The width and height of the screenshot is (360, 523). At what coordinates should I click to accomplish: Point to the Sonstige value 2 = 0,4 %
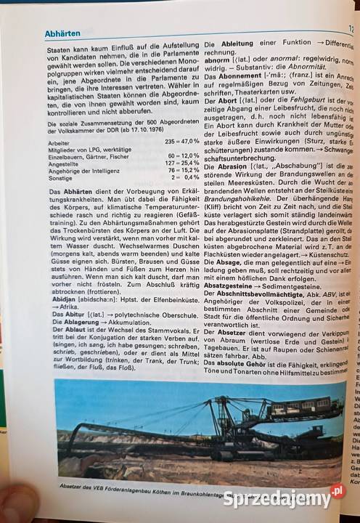(x=184, y=177)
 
